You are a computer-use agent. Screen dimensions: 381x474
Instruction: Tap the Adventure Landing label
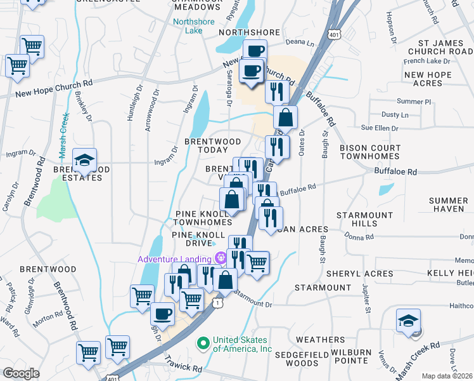click(x=177, y=258)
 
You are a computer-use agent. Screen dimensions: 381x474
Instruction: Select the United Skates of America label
click(x=242, y=344)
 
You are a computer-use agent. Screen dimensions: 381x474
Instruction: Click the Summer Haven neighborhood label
click(x=448, y=204)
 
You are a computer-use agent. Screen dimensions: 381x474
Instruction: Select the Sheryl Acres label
click(x=359, y=274)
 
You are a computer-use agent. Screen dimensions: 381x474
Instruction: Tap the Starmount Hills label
click(x=364, y=219)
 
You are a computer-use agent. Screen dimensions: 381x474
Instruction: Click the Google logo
click(x=21, y=373)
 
